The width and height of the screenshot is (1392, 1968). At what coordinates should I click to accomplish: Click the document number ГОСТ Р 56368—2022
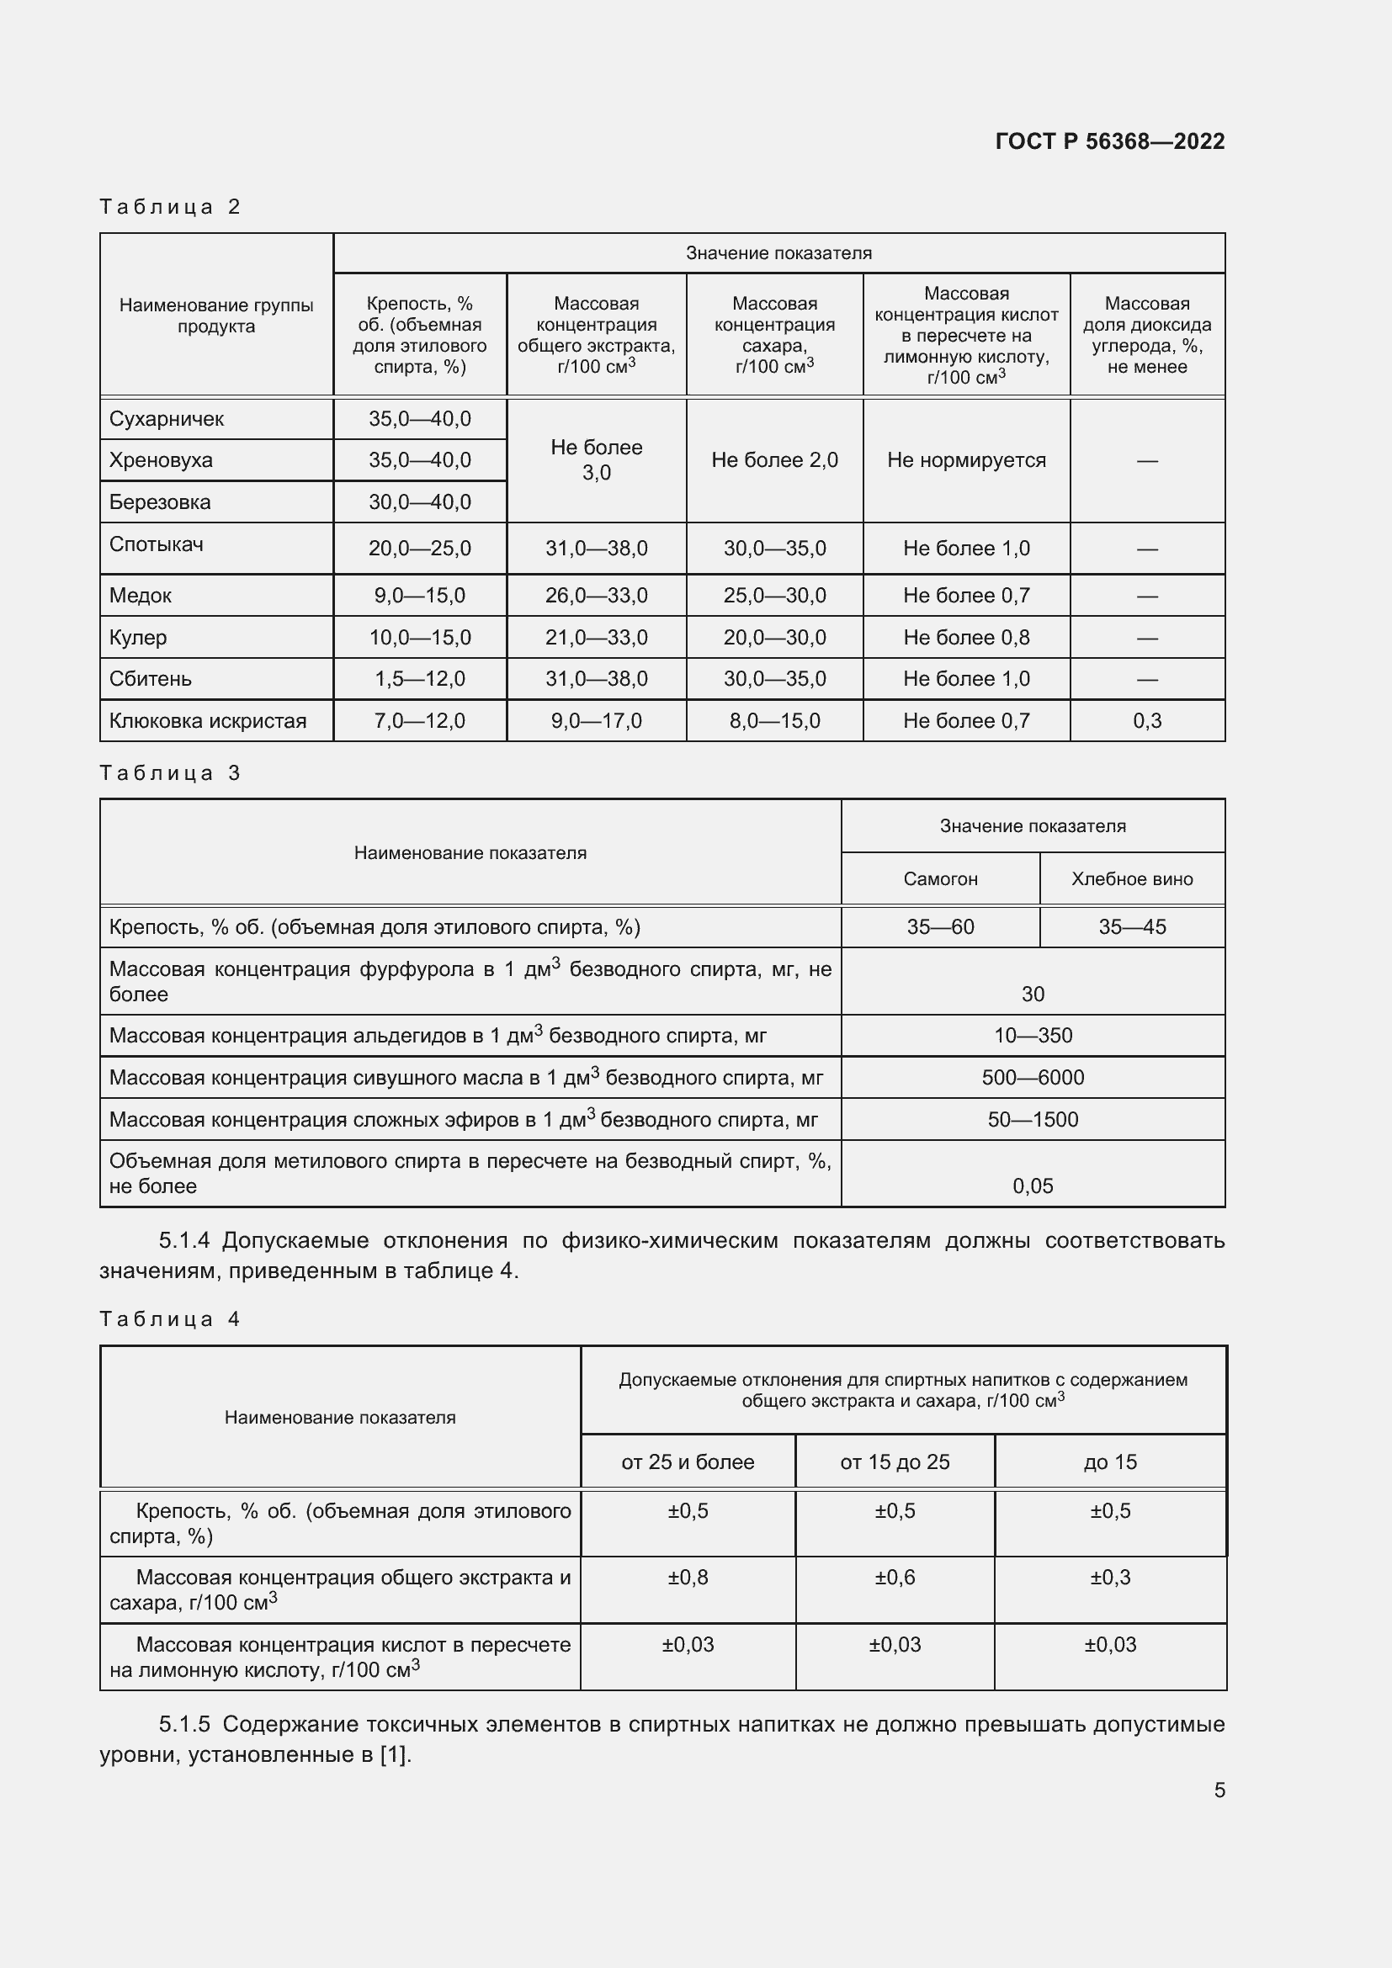click(1109, 141)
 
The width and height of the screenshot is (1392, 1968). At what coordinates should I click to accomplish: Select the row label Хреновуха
click(160, 460)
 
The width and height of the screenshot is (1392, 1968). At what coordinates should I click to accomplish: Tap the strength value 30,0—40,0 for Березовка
click(419, 502)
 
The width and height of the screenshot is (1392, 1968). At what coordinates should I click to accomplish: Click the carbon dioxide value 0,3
click(1146, 721)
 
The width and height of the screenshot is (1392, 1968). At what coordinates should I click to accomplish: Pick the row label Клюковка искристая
click(207, 721)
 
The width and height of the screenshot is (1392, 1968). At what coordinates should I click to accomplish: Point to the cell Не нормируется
click(966, 460)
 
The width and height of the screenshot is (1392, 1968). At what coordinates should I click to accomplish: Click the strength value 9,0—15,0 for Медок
click(419, 596)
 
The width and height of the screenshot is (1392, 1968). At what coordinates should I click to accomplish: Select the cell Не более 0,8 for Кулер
click(966, 638)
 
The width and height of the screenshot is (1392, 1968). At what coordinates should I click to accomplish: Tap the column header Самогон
click(939, 878)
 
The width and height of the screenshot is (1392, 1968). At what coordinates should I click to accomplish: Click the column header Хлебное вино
click(1131, 878)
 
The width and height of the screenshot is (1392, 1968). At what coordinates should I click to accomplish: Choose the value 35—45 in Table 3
click(1131, 926)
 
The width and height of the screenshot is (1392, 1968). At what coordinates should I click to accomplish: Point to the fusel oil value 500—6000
click(1032, 1078)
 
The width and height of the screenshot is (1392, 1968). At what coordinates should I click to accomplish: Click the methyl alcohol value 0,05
click(1032, 1186)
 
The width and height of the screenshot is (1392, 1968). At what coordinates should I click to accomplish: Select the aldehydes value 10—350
click(1032, 1036)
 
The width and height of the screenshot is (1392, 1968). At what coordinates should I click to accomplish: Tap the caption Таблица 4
click(169, 1319)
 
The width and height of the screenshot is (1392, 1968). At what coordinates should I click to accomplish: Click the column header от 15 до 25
click(894, 1462)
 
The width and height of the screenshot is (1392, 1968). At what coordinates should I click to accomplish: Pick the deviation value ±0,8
click(688, 1577)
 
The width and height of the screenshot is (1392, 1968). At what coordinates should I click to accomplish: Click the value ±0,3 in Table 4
click(1109, 1577)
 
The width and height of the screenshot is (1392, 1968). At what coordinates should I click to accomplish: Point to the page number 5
click(1219, 1790)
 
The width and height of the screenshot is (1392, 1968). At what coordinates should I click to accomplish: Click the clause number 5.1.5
click(184, 1724)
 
